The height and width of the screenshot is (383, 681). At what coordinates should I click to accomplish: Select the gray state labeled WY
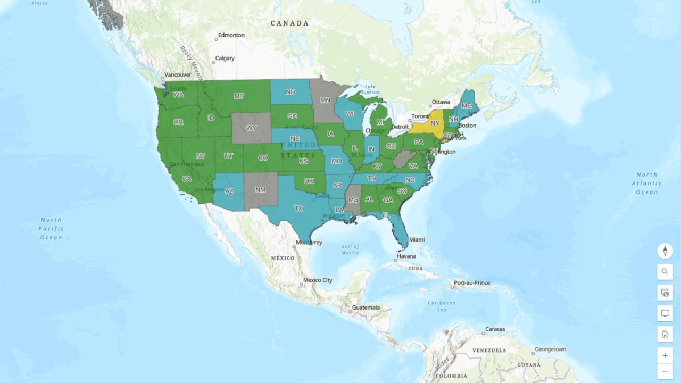pos(251,128)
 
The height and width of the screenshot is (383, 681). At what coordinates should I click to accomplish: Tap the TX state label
pos(299,209)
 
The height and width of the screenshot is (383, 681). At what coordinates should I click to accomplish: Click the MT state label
pos(239,96)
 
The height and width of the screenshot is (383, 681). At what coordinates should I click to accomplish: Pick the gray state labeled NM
pos(261,190)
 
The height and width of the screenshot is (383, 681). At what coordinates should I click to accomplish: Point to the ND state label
pos(290,92)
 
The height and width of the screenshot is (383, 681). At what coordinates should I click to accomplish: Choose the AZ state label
pos(229,191)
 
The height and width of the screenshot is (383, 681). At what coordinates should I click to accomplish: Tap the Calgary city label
pos(225,58)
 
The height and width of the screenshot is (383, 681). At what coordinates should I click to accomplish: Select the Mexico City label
pos(318,280)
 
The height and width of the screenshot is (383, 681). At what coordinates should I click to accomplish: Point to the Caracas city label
pos(495,329)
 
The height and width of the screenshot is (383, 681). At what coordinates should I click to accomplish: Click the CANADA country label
pos(289,23)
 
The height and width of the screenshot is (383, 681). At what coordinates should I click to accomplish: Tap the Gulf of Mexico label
pos(351,249)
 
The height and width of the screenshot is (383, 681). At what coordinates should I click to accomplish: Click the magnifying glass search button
pos(665,272)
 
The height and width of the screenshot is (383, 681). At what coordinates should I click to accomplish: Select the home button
pos(665,334)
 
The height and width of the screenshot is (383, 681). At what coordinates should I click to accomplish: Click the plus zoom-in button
pos(665,355)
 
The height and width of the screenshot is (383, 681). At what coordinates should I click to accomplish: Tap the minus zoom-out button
pos(665,371)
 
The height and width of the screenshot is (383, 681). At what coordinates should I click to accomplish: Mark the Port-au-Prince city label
pos(472,283)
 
